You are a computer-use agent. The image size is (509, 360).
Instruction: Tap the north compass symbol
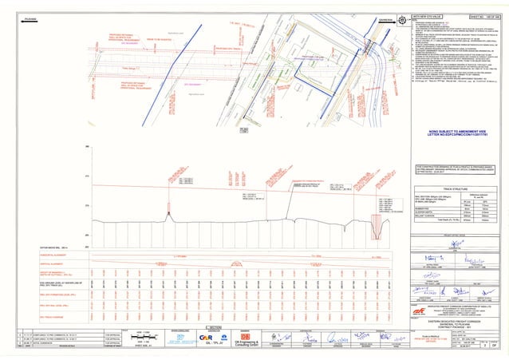coord(404,18)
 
